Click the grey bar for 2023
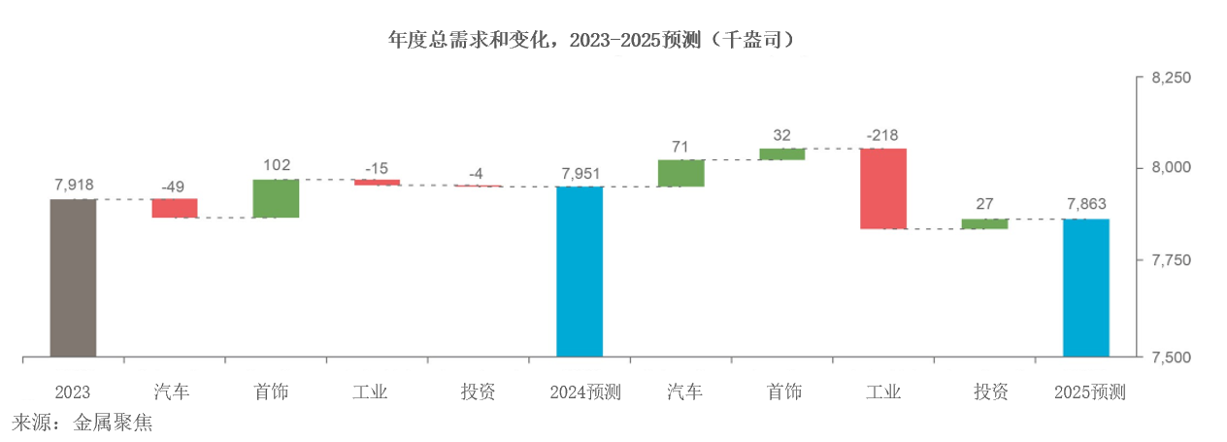pos(73,278)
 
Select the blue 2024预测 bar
pos(580,271)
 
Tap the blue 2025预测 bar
pos(1086,288)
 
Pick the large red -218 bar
pos(883,188)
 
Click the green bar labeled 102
pos(276,198)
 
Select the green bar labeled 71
pos(680,173)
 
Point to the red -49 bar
pos(175,208)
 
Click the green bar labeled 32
pos(782,153)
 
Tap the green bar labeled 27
pos(984,224)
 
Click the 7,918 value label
pos(73,185)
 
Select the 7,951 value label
pos(580,173)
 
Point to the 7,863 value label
pos(1086,205)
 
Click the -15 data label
pos(377,167)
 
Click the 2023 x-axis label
pos(73,392)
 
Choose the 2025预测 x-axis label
pos(1089,392)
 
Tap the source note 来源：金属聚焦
pos(83,424)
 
